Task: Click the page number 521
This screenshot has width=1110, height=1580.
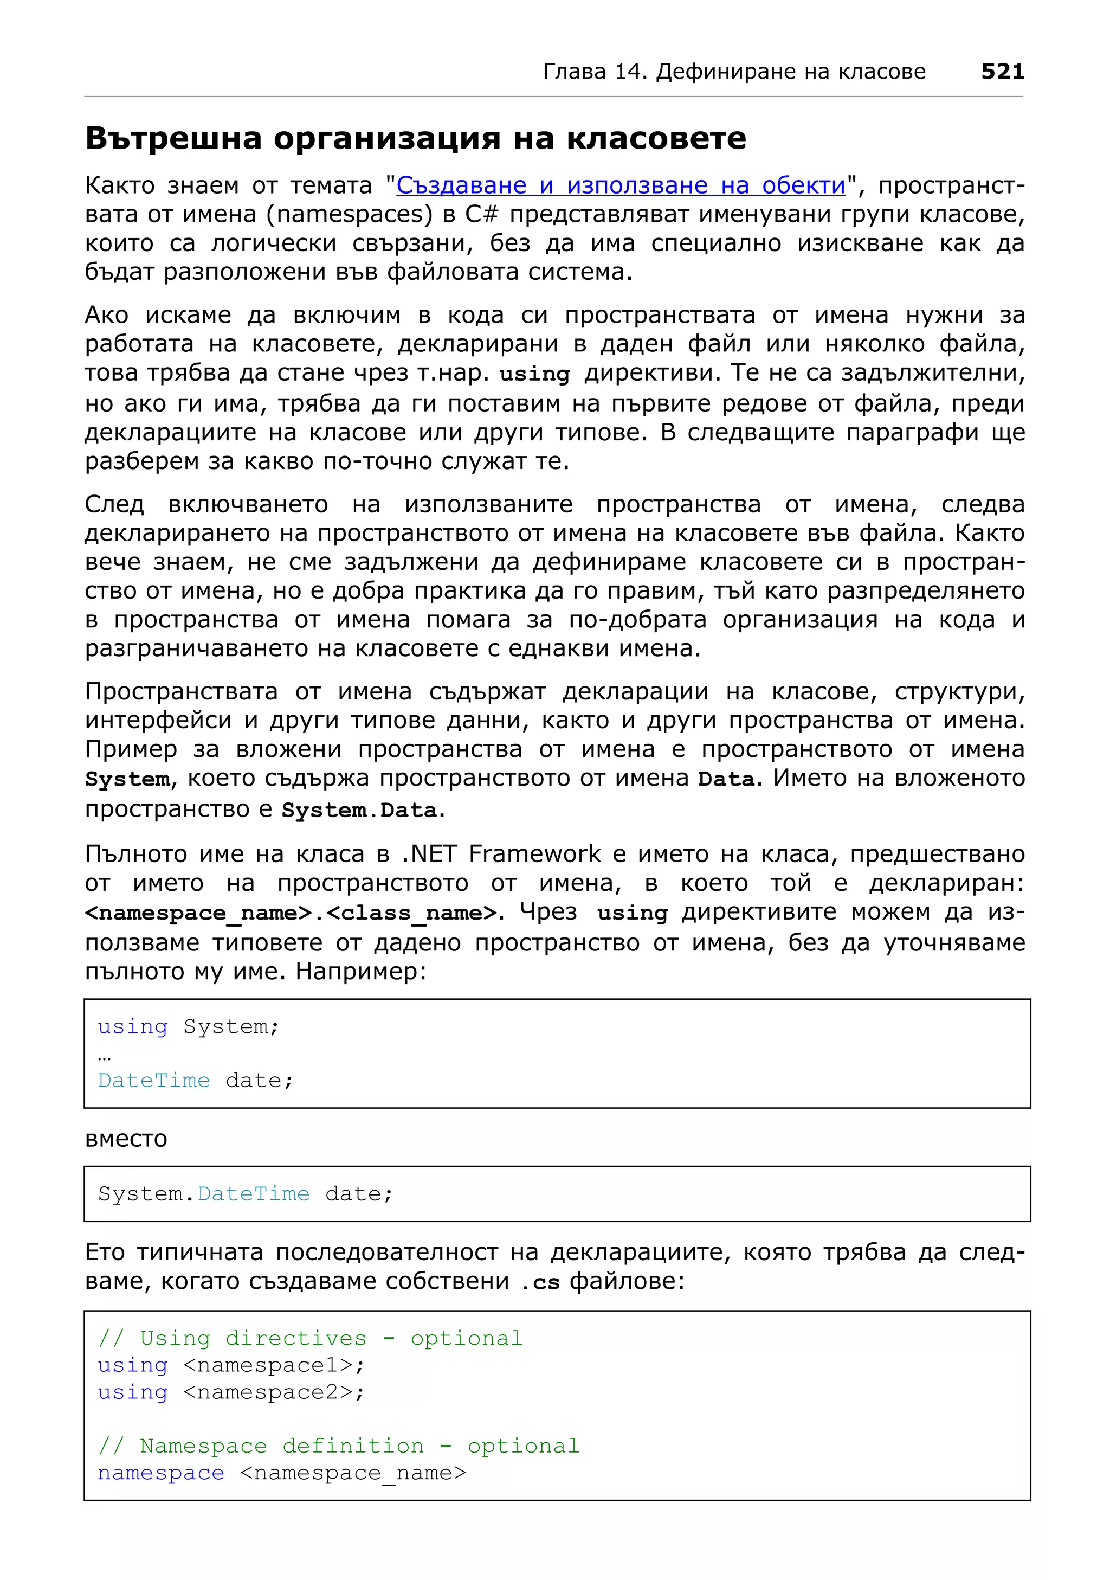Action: coord(1002,71)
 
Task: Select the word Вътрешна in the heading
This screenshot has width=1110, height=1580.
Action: coord(173,138)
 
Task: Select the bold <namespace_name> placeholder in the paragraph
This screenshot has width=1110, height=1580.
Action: coord(198,913)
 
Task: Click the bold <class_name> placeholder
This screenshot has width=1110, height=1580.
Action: coord(411,913)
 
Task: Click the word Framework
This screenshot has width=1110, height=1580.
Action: coord(534,854)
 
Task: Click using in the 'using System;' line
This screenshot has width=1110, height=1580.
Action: coord(133,1027)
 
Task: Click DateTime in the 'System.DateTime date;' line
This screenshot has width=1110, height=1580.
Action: coord(253,1194)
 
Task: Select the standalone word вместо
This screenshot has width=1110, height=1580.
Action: coord(126,1139)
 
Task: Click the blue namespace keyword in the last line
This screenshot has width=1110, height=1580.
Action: coord(161,1473)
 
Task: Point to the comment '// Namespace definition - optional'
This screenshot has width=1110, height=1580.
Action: coord(338,1447)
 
